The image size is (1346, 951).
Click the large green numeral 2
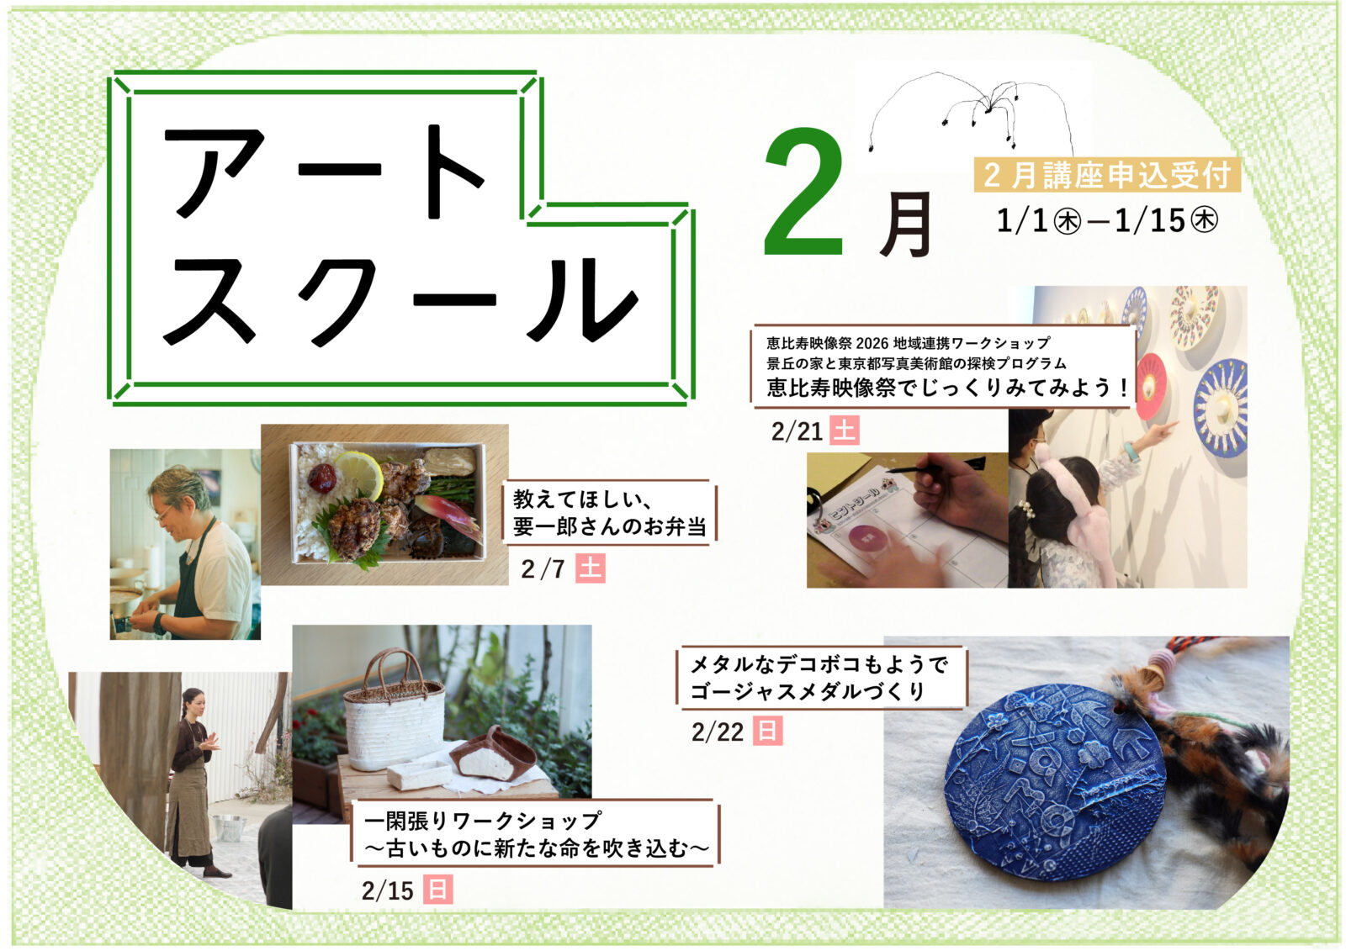coord(804,193)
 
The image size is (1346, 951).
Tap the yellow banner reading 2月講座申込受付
coord(1107,175)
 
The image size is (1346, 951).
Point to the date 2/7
coord(543,569)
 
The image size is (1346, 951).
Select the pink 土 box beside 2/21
coord(845,431)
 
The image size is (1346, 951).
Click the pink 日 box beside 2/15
coord(437,890)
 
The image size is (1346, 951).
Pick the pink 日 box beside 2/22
coord(767,732)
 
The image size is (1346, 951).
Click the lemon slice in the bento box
coord(359,474)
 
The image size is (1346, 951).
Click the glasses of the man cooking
coord(163,514)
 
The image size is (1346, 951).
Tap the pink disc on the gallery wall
coord(1151,386)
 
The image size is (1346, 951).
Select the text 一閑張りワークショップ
coord(481,820)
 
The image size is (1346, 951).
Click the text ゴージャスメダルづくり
coord(807,691)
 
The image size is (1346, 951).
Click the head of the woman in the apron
coord(194,704)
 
